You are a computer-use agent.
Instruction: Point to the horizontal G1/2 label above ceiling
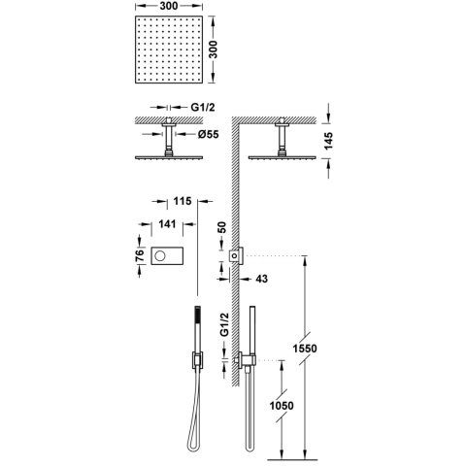pos(202,109)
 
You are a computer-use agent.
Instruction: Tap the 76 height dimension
pos(139,255)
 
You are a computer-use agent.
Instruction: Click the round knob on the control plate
pos(160,255)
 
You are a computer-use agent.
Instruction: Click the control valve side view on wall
pos(237,255)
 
